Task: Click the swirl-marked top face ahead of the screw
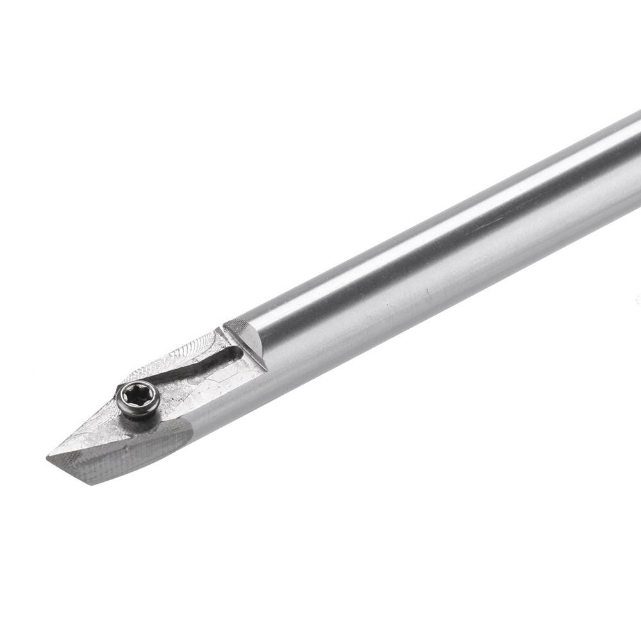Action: pyautogui.click(x=90, y=436)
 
